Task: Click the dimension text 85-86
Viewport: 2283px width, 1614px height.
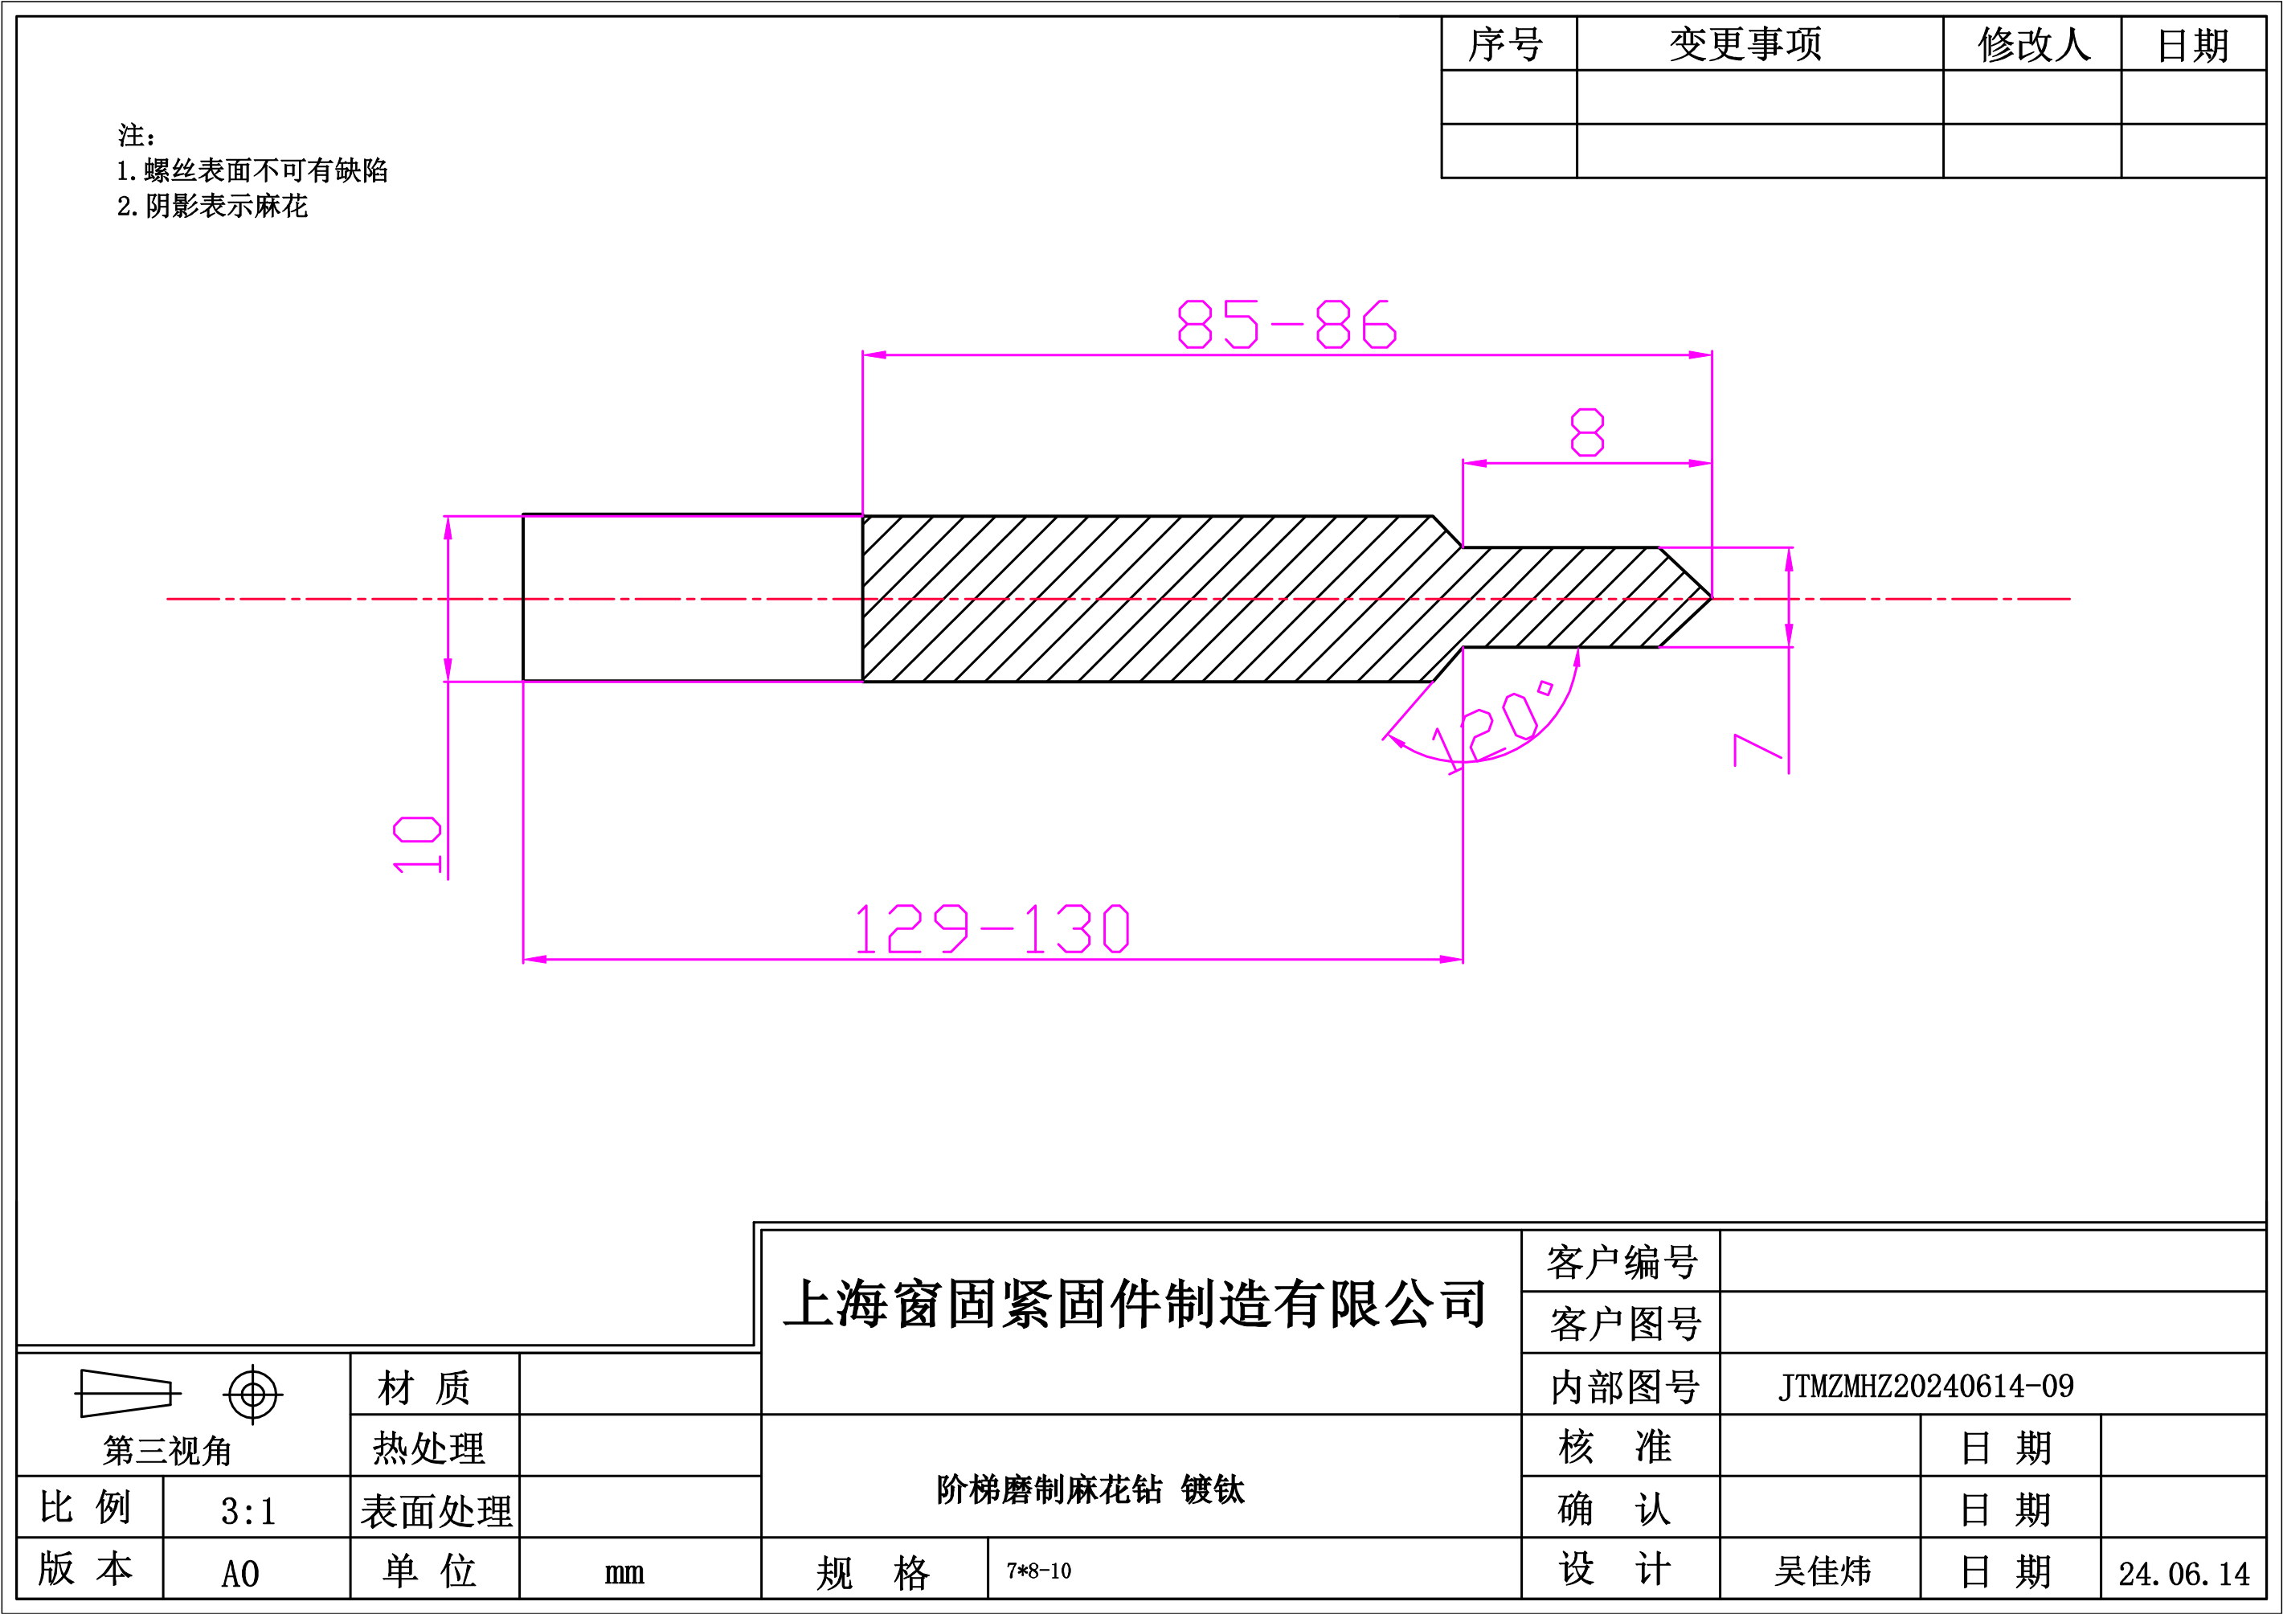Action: (x=1287, y=324)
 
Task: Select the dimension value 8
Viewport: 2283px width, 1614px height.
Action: (x=1587, y=432)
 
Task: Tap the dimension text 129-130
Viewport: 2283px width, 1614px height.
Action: (x=992, y=929)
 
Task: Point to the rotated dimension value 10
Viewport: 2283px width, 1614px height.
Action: (x=416, y=844)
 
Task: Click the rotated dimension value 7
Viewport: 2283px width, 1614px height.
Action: (x=1757, y=750)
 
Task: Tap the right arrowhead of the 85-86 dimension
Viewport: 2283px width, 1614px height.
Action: (x=1700, y=355)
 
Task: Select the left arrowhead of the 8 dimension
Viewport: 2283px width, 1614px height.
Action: (x=1475, y=464)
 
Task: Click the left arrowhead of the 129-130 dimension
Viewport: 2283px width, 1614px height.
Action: (x=535, y=960)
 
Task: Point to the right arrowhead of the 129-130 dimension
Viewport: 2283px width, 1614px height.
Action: (x=1452, y=960)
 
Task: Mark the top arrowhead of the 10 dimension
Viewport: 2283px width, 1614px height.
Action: (x=448, y=528)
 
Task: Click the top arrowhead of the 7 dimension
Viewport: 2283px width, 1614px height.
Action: (x=1790, y=560)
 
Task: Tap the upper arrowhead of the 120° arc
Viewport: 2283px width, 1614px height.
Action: (x=1577, y=658)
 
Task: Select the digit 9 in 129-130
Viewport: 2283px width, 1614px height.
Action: (x=955, y=929)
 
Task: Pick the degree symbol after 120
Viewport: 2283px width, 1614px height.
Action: (x=1545, y=688)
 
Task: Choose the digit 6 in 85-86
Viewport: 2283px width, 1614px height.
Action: (x=1380, y=324)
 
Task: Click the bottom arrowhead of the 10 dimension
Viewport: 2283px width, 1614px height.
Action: (x=448, y=670)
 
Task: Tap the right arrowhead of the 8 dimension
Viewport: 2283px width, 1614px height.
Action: (x=1700, y=464)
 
